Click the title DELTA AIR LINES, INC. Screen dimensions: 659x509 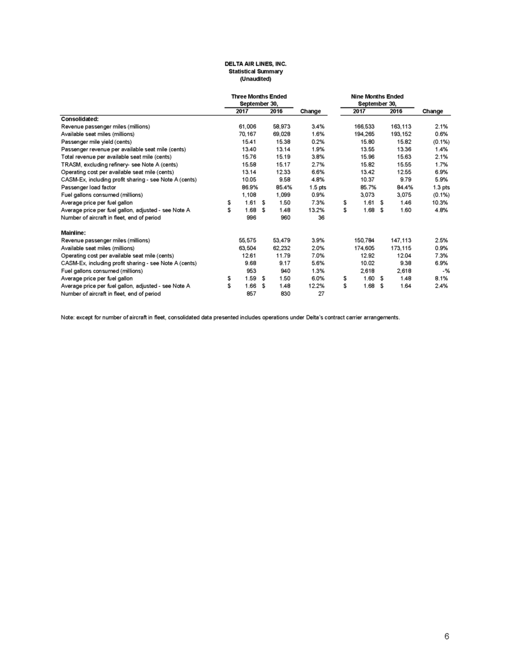255,63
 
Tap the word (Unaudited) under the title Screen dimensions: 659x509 255,79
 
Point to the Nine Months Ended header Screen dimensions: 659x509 378,96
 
